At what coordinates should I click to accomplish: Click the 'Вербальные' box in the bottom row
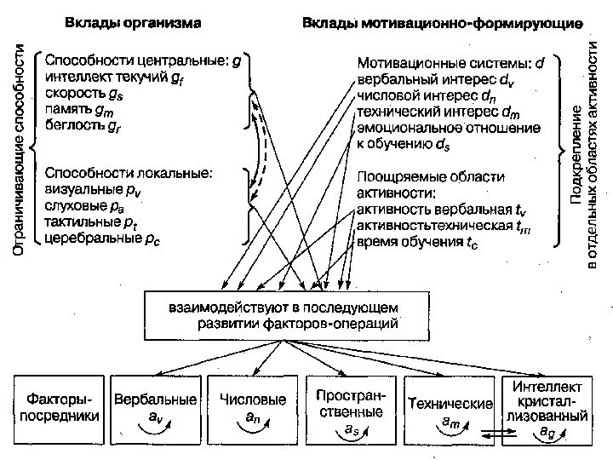pyautogui.click(x=156, y=406)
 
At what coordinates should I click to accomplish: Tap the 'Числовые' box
pyautogui.click(x=252, y=406)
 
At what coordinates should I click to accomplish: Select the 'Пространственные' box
pyautogui.click(x=350, y=406)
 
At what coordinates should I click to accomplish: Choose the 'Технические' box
pyautogui.click(x=450, y=406)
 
